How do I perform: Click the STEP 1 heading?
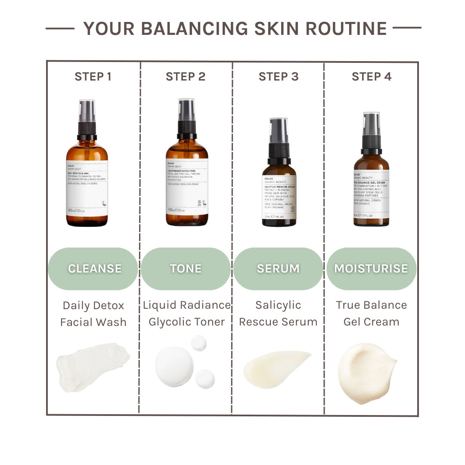[x=93, y=77]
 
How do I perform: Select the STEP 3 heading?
[x=278, y=77]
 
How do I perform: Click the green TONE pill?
[x=186, y=268]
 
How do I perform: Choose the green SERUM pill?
[x=278, y=268]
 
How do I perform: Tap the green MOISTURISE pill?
[x=371, y=268]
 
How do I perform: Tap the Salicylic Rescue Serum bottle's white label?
[x=279, y=197]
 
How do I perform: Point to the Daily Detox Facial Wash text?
[x=93, y=314]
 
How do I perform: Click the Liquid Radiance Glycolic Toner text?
[x=186, y=313]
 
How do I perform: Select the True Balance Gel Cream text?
[x=371, y=313]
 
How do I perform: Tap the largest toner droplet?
[x=174, y=366]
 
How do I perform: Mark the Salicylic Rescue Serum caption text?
[x=278, y=313]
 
